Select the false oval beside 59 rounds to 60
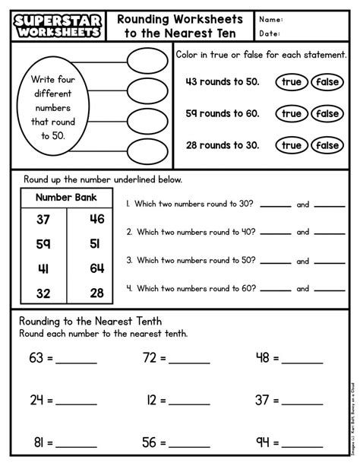327,113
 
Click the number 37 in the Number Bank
43,220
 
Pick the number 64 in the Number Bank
96,268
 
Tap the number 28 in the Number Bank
96,293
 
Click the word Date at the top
270,33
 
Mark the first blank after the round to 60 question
276,290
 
